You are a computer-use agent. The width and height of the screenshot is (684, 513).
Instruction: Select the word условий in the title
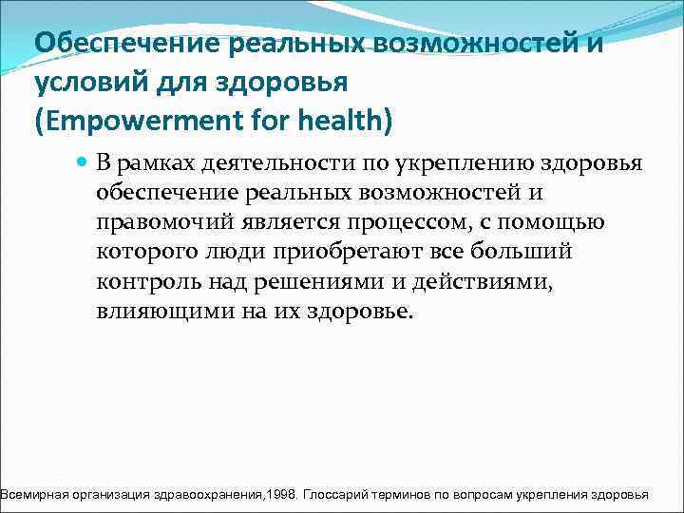(x=81, y=84)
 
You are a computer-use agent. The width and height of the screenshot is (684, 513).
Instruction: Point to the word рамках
(x=155, y=164)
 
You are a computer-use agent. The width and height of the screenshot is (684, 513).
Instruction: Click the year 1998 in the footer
(x=283, y=496)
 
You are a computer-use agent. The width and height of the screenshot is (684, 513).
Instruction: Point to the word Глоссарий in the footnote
(x=339, y=496)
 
